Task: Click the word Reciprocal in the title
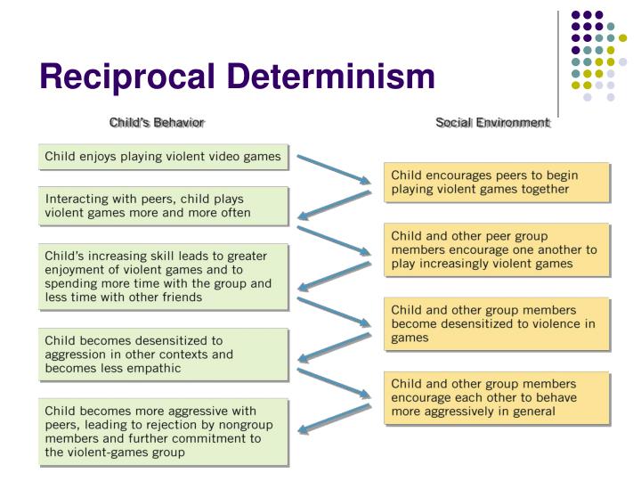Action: coord(124,78)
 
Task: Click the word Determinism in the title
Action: coord(324,78)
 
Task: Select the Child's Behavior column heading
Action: coord(157,121)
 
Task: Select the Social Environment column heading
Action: coord(492,121)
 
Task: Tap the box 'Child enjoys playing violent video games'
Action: coord(164,158)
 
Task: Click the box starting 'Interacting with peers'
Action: coord(164,206)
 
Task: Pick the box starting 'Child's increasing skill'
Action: coord(164,277)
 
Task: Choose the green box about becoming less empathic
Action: coord(164,354)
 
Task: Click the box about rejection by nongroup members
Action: coord(164,433)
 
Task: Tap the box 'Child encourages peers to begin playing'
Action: coord(497,183)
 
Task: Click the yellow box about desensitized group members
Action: coord(497,323)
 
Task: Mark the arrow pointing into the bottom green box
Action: coord(333,420)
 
